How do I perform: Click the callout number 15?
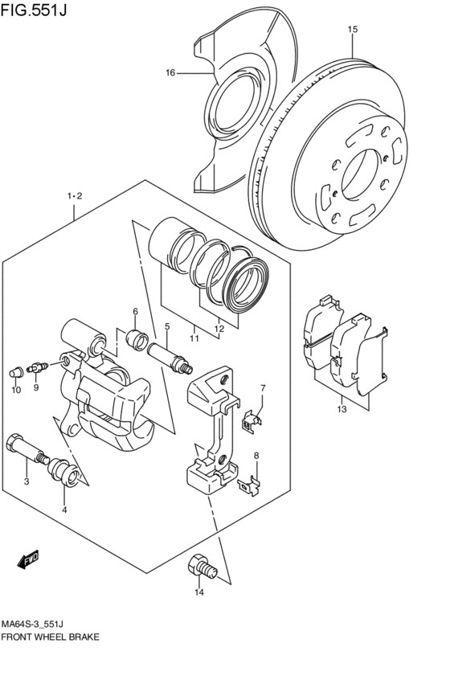coord(353,29)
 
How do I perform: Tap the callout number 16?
coord(170,72)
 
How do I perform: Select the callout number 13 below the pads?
coord(342,409)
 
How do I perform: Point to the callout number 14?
coord(198,592)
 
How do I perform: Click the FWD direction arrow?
coord(28,559)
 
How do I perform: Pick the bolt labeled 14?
coord(202,565)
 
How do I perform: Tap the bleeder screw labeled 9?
coord(38,367)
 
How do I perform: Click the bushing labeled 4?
coord(63,472)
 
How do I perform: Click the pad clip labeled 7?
coord(252,421)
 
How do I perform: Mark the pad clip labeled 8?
coord(249,485)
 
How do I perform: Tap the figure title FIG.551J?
coord(34,10)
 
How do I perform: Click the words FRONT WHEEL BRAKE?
coord(50,637)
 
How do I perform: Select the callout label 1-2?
coord(75,196)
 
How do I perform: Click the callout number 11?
coord(194,338)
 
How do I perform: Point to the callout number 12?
coord(219,329)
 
